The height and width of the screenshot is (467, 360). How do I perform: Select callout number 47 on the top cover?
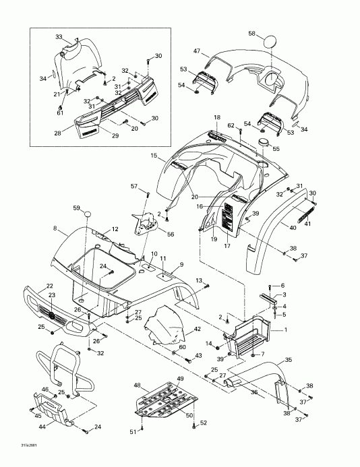197,51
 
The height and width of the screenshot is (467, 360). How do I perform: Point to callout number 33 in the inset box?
58,36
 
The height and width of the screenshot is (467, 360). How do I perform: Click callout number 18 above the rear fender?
217,118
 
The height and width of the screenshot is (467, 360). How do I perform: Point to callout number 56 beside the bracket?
170,234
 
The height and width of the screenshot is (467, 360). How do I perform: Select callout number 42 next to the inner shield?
198,330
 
